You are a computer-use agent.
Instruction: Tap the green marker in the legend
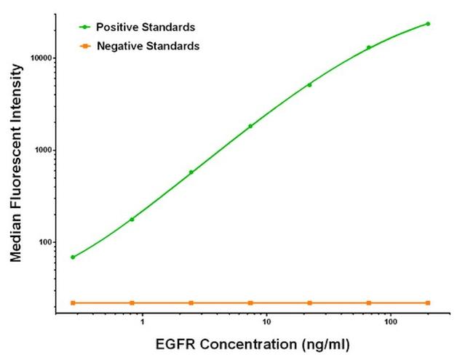pos(84,28)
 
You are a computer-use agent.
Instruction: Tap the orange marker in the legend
pos(84,46)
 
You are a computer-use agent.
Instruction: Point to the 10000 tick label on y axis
pos(39,57)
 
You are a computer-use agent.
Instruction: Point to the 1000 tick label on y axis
pos(41,150)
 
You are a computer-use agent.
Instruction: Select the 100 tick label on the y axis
pos(44,242)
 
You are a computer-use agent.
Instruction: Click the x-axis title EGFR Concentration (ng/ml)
pos(251,342)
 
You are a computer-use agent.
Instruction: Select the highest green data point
pos(428,24)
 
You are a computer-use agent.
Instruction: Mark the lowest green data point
pos(73,257)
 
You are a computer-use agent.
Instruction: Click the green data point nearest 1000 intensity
pos(250,126)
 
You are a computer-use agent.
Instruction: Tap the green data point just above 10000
pos(369,47)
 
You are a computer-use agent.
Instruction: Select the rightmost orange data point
pos(428,303)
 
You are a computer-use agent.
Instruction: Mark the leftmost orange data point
pos(73,303)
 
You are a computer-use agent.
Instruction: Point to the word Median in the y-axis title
pos(15,239)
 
